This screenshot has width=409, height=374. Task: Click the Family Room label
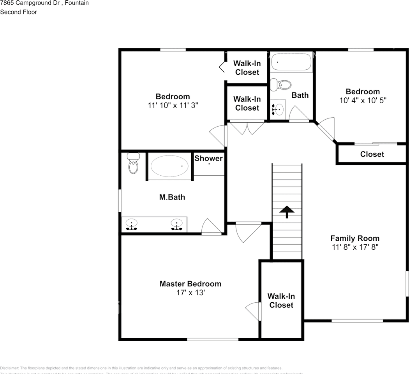(354, 238)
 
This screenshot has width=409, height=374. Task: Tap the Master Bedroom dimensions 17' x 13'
(190, 292)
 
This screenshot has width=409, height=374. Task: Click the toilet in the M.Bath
(133, 164)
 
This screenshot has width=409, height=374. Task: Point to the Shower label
(208, 158)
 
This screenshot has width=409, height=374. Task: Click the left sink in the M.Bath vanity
(132, 225)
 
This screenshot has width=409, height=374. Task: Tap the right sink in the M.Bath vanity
(177, 225)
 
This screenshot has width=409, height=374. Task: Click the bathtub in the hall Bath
(291, 62)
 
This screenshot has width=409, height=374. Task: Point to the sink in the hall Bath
(278, 109)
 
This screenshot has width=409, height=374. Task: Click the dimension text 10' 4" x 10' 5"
(363, 100)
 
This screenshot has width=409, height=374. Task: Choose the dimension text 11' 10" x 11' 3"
(173, 105)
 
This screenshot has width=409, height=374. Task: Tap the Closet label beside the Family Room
(372, 154)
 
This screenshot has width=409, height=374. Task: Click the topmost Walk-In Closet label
(247, 68)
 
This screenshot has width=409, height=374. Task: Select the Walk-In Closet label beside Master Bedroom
(281, 301)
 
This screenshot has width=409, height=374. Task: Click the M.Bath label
(172, 197)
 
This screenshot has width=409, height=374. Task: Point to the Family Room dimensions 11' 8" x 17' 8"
(354, 247)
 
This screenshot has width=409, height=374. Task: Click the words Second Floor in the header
(19, 12)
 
